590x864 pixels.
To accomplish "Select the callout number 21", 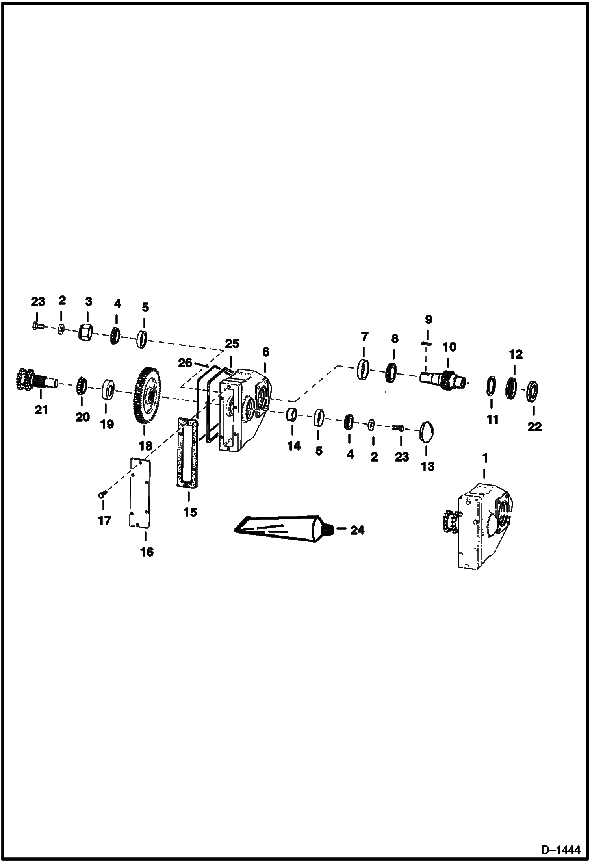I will click(x=41, y=410).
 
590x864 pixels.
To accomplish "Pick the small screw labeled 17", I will click(x=102, y=495).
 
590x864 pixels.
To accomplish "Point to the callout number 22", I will click(x=534, y=426).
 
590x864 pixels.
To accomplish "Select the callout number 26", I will click(x=185, y=363).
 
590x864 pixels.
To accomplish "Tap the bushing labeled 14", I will click(x=292, y=415).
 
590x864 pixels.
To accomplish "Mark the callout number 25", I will click(x=232, y=343).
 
